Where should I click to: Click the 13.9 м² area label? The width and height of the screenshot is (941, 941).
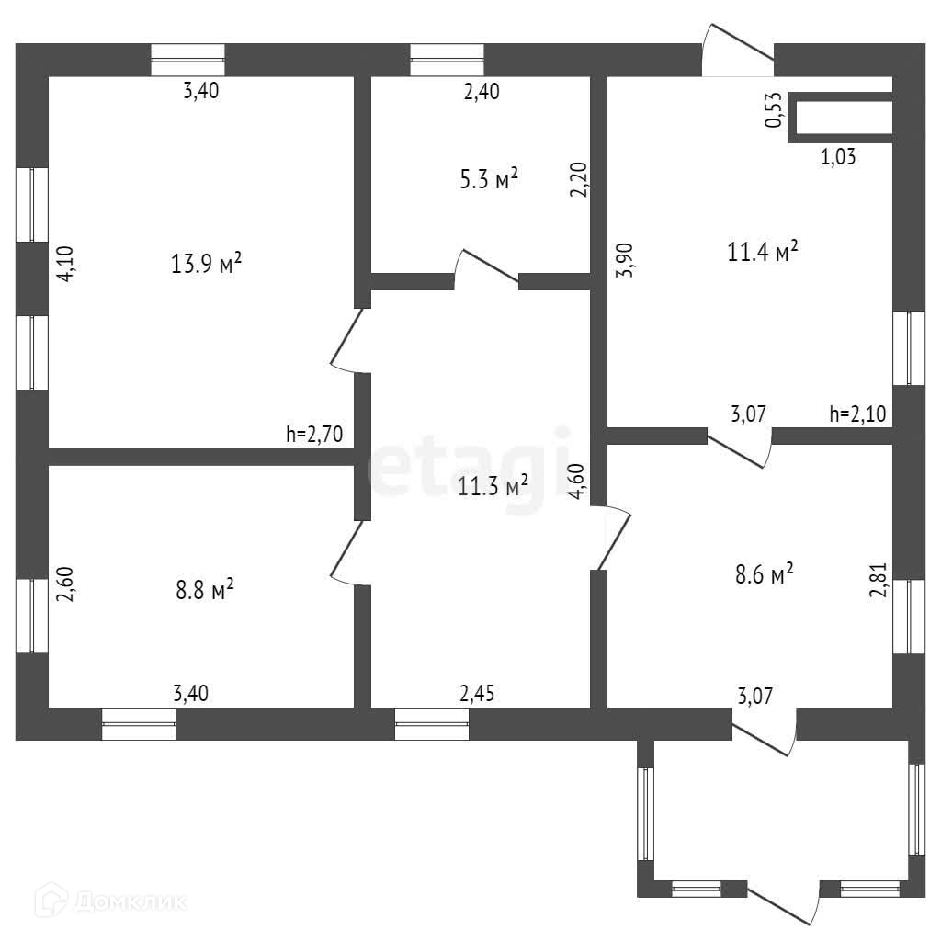pyautogui.click(x=206, y=264)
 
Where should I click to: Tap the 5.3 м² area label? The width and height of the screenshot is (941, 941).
pyautogui.click(x=488, y=179)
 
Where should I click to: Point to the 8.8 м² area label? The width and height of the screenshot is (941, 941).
pyautogui.click(x=205, y=587)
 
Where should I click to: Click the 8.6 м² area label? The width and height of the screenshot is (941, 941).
pyautogui.click(x=764, y=575)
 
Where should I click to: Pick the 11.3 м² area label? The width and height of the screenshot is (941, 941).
pyautogui.click(x=493, y=485)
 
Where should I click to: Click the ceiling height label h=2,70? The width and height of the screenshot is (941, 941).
pyautogui.click(x=314, y=436)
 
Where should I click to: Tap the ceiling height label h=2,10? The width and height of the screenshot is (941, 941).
pyautogui.click(x=856, y=414)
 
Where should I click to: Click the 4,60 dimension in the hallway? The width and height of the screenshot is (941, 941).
pyautogui.click(x=578, y=482)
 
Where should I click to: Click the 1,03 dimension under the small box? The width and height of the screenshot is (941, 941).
pyautogui.click(x=837, y=157)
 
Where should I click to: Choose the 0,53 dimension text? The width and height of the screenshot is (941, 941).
pyautogui.click(x=774, y=110)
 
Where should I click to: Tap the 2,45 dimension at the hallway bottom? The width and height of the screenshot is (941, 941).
pyautogui.click(x=478, y=693)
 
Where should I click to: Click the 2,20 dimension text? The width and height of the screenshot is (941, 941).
pyautogui.click(x=577, y=180)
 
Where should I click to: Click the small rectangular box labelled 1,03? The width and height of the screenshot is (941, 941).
pyautogui.click(x=843, y=119)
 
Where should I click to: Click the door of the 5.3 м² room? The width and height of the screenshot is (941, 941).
pyautogui.click(x=487, y=267)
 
